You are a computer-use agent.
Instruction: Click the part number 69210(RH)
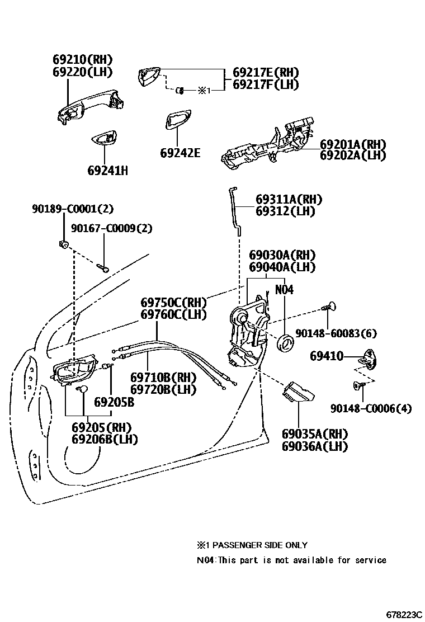coord(83,59)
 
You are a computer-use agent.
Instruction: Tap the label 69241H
coord(107,170)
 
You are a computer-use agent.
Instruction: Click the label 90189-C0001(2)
coord(72,209)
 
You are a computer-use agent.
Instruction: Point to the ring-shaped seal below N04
coord(286,342)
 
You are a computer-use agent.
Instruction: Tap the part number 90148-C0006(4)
coord(370,408)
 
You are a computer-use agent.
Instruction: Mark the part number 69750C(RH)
coord(173,303)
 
